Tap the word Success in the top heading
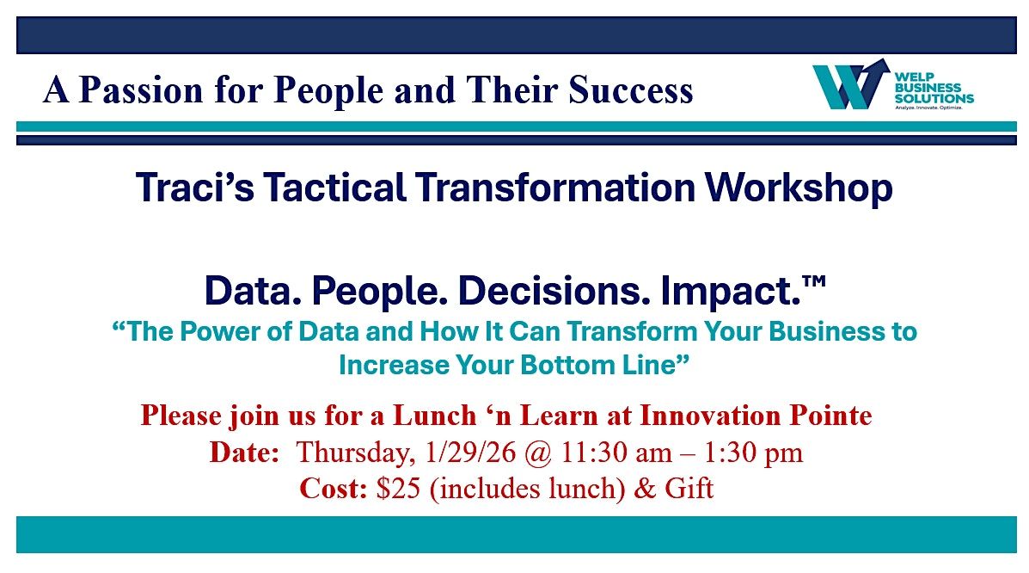[631, 90]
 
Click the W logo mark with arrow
[851, 84]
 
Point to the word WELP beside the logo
[914, 77]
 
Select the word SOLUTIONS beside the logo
[934, 99]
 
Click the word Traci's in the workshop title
[195, 188]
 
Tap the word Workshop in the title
[799, 188]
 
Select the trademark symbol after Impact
[814, 281]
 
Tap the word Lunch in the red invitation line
[434, 416]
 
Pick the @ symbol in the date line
[539, 453]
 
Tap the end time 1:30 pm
[753, 452]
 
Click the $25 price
[398, 488]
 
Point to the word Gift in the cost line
[689, 488]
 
